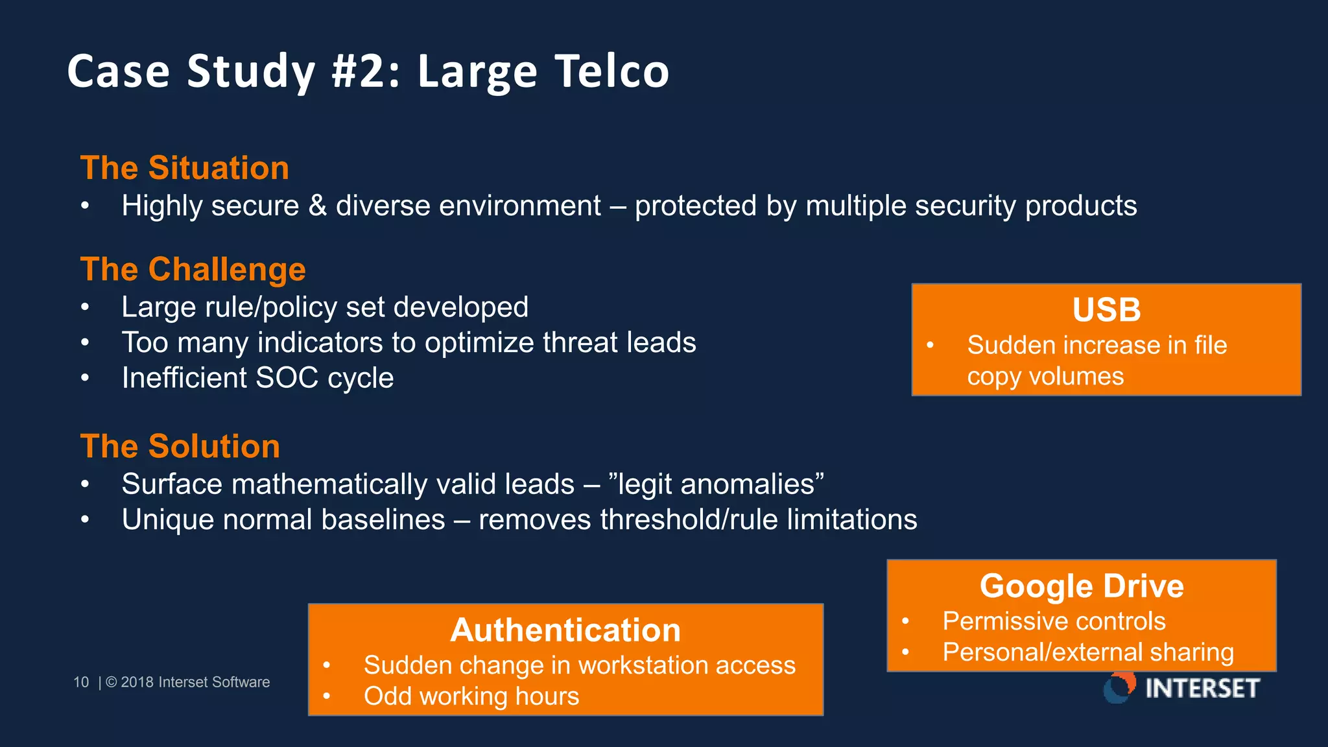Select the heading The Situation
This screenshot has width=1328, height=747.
(x=184, y=168)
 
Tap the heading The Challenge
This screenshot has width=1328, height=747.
(x=193, y=269)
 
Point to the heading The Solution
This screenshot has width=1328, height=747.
(x=180, y=446)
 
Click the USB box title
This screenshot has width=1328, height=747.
(x=1106, y=309)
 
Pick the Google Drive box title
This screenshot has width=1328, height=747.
(x=1081, y=586)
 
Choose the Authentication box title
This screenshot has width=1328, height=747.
(x=565, y=630)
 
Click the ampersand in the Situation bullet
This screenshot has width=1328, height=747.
(x=317, y=206)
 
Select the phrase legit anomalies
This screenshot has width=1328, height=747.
(x=716, y=484)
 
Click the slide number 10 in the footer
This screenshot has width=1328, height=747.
(x=81, y=682)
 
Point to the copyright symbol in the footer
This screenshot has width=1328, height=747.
(x=111, y=682)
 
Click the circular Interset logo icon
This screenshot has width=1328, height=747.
(x=1119, y=687)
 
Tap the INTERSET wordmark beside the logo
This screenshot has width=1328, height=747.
(x=1202, y=688)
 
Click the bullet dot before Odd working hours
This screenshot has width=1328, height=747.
(x=327, y=696)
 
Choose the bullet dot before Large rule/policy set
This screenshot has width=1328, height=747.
(x=85, y=307)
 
